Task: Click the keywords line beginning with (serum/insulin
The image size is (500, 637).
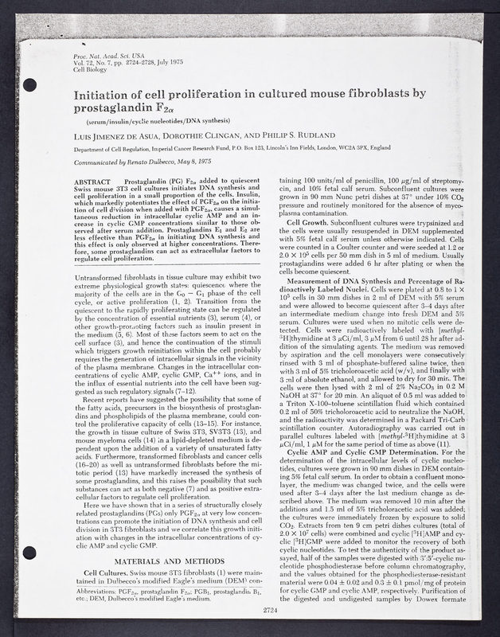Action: [163, 121]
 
